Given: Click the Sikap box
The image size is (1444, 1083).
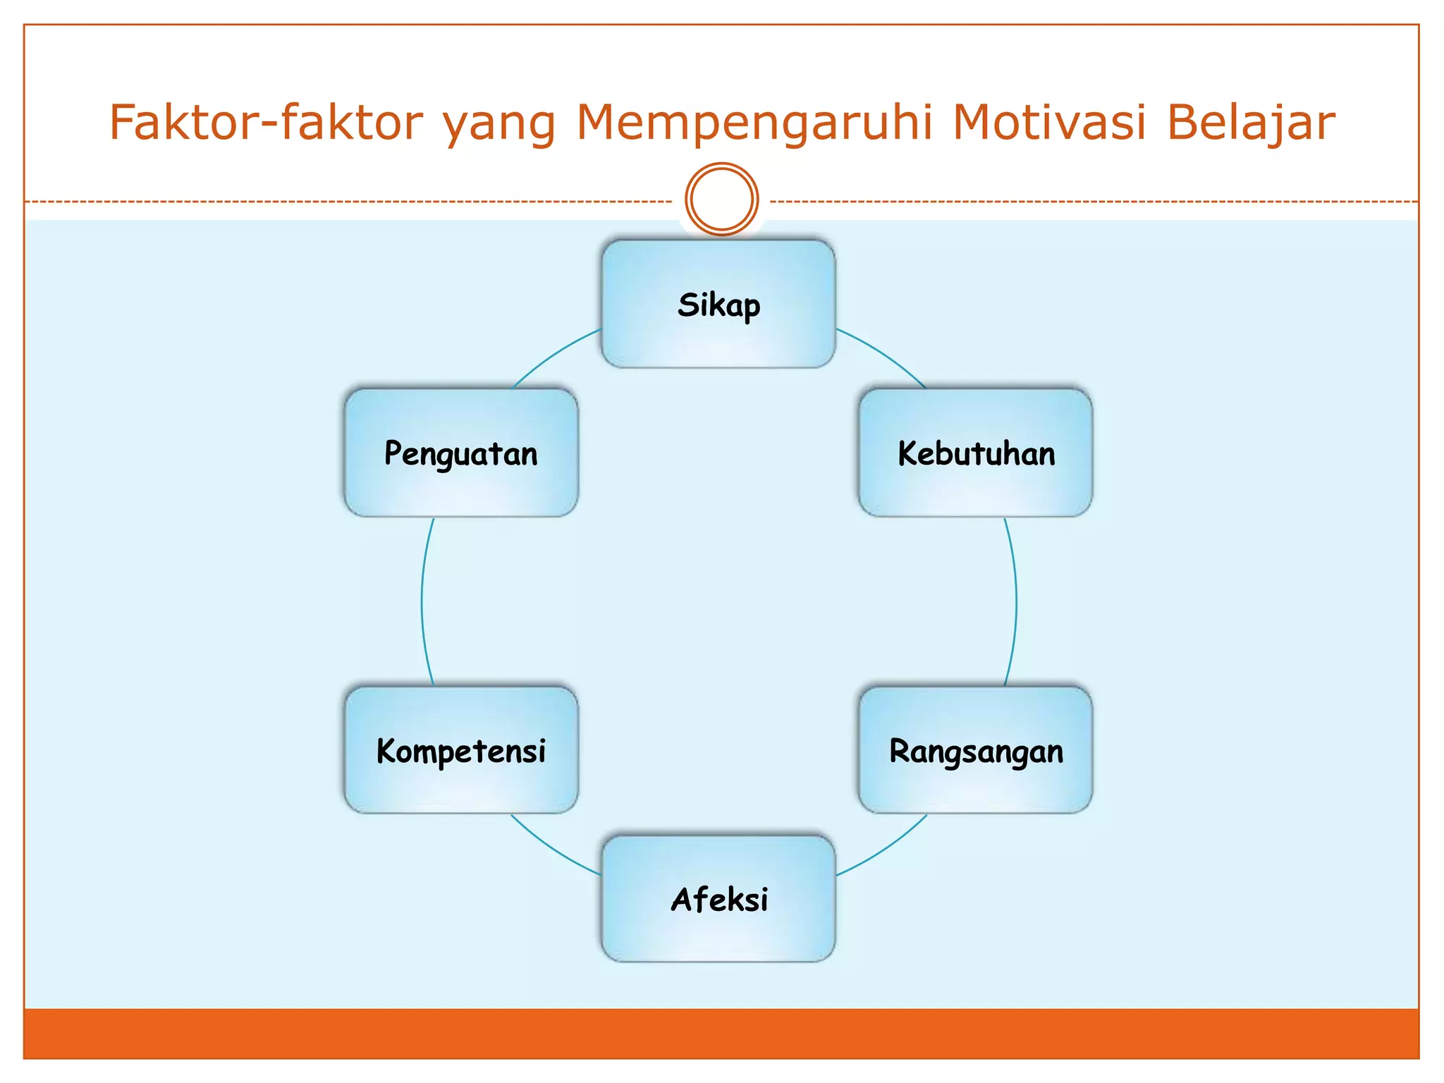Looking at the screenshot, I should [718, 305].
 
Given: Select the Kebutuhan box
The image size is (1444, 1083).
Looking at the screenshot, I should [976, 453].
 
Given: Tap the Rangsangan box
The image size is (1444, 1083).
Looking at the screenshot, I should [976, 750].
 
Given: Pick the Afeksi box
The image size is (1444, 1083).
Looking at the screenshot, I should [718, 899].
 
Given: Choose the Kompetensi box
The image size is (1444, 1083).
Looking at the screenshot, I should [461, 750].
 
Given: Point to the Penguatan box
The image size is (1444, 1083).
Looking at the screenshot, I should [461, 453].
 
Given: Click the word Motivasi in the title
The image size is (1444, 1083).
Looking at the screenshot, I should [1049, 123].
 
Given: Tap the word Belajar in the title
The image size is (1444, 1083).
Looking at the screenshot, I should [1251, 123].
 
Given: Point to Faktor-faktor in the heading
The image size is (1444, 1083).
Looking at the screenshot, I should [266, 123].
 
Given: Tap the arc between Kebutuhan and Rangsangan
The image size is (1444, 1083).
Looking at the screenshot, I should [1016, 601].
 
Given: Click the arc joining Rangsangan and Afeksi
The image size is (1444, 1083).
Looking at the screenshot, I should [886, 850].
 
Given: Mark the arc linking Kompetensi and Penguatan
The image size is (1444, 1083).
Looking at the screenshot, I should [422, 601].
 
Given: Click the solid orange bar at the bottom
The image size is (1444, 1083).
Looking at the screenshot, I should [721, 1033].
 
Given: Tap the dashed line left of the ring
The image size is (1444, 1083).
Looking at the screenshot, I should [353, 202].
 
